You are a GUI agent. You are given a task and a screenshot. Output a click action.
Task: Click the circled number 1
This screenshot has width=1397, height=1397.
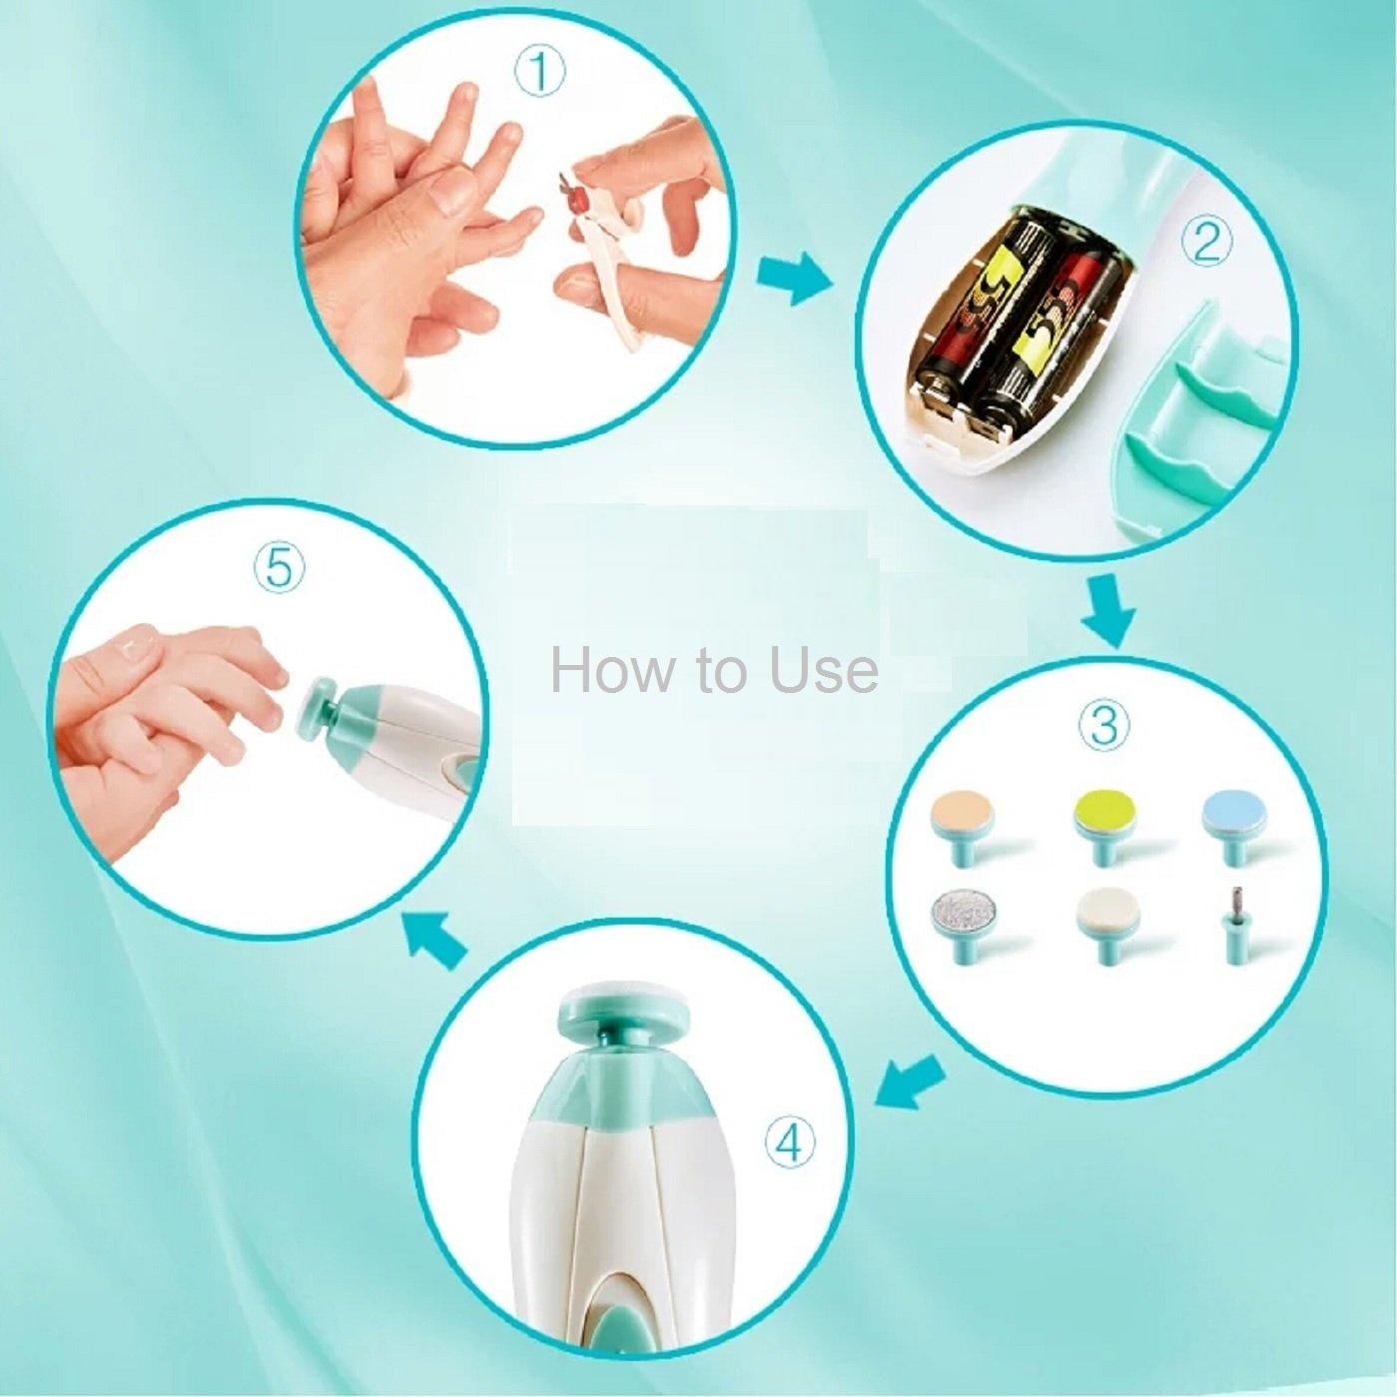coord(538,74)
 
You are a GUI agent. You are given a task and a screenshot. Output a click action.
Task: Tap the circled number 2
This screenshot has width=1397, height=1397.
coord(1205,243)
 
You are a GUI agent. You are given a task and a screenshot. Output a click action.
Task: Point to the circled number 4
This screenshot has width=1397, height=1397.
coord(789,1142)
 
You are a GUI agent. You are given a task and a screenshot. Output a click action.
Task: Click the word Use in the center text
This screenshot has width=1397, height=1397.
coord(823,670)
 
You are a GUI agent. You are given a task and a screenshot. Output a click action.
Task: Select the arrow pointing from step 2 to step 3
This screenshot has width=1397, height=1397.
coord(1108,609)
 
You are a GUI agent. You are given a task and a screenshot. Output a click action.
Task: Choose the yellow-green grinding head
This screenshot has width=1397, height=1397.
coord(1106,821)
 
